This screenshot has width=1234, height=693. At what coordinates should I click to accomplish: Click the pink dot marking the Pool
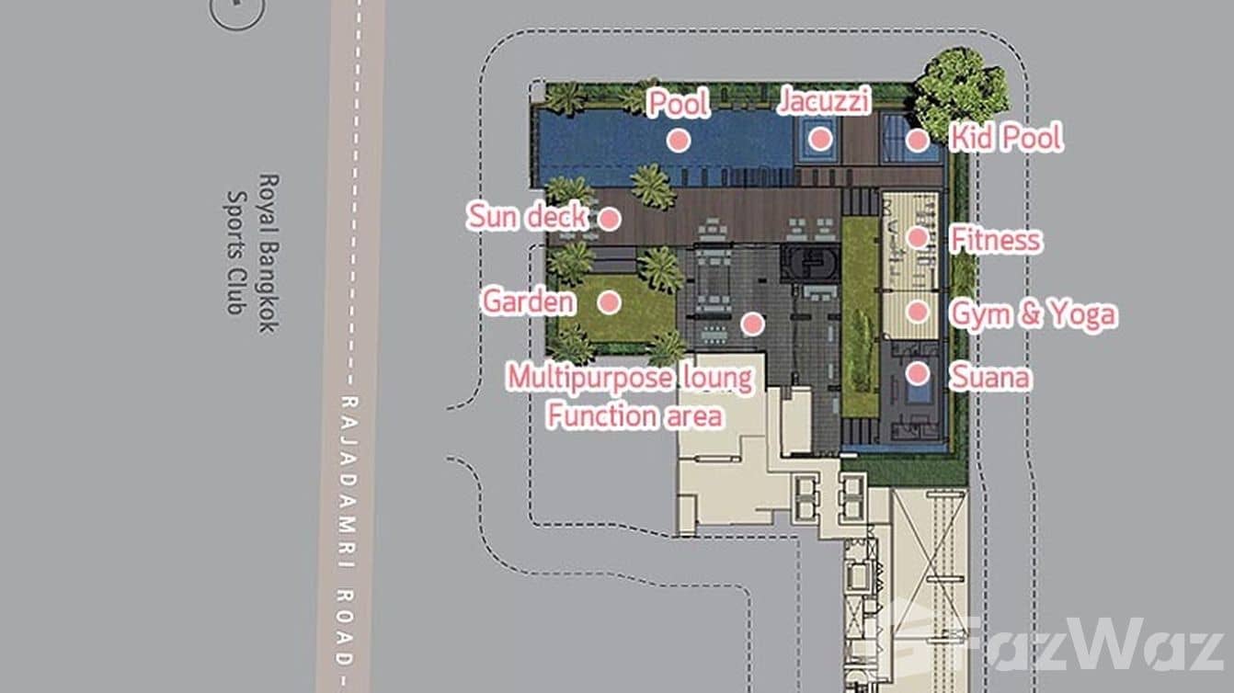(x=679, y=141)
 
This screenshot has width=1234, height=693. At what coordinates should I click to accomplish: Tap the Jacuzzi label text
(x=824, y=100)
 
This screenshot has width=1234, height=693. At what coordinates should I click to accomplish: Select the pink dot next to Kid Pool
(x=918, y=141)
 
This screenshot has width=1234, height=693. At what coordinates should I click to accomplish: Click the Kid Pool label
(x=1006, y=138)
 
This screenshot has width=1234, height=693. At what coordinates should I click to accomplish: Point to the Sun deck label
(x=527, y=216)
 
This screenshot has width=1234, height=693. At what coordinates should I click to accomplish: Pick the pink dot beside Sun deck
(x=610, y=219)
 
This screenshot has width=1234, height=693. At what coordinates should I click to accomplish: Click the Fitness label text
(x=997, y=240)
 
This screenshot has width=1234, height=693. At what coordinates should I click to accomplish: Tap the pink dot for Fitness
(x=918, y=238)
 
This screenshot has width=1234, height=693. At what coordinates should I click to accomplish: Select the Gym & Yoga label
(x=1034, y=313)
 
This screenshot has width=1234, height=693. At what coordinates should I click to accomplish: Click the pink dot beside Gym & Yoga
(x=918, y=312)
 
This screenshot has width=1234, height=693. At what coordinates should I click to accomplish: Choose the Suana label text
(x=990, y=377)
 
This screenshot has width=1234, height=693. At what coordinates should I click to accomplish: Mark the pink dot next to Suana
(x=918, y=374)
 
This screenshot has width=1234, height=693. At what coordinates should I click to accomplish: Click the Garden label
(x=529, y=301)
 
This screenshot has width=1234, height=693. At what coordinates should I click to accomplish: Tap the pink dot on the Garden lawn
(x=610, y=302)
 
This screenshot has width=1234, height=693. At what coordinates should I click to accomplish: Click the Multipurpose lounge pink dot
(x=752, y=324)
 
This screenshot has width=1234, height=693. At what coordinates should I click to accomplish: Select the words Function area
(x=634, y=415)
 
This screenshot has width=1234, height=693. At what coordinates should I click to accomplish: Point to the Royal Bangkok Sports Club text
(x=254, y=253)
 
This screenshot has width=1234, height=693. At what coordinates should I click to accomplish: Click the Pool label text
(x=679, y=104)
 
